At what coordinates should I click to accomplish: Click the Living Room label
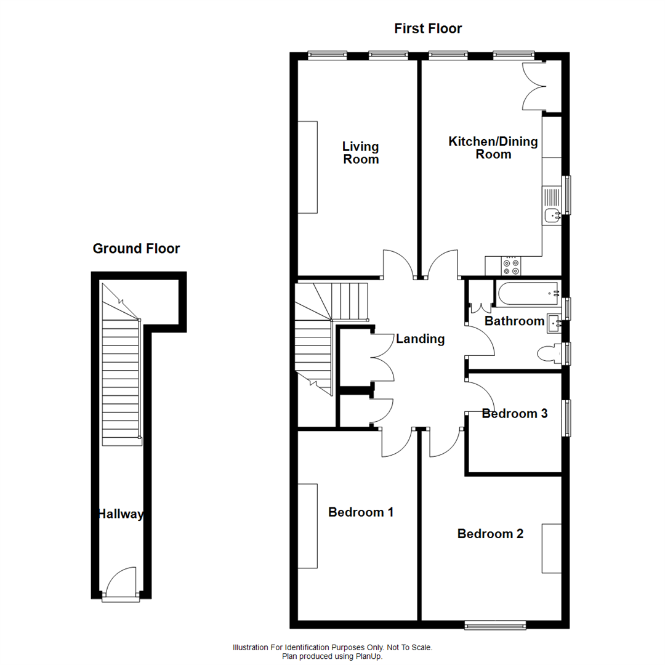click(360, 153)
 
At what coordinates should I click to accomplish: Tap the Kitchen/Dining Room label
click(493, 148)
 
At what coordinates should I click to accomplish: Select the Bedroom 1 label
click(360, 512)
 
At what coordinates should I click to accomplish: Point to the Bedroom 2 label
click(490, 534)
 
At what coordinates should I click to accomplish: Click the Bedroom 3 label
click(514, 414)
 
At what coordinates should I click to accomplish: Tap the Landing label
click(420, 339)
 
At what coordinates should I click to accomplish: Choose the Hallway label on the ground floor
click(121, 514)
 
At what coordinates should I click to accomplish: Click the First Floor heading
click(428, 28)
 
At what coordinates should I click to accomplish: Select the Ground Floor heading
click(136, 249)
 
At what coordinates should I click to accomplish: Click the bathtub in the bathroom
click(528, 294)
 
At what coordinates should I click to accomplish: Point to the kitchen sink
click(551, 215)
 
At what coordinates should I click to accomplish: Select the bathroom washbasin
click(554, 322)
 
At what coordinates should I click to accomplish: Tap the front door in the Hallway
click(119, 582)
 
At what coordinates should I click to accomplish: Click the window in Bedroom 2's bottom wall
click(495, 624)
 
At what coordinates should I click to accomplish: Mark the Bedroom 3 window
click(565, 418)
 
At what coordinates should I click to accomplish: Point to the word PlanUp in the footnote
click(370, 657)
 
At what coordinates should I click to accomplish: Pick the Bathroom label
click(514, 321)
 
